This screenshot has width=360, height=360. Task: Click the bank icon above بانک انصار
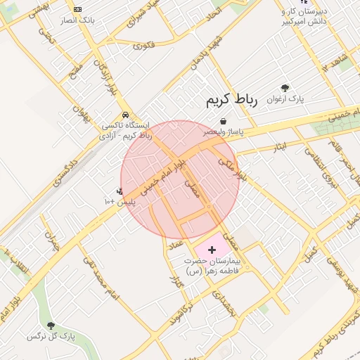coord(77,9)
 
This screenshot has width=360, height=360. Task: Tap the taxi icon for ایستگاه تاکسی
coord(125,115)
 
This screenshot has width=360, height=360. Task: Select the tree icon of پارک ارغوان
coord(285,89)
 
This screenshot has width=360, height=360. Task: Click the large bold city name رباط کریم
coord(232,101)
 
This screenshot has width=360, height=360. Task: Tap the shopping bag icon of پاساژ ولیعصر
coord(223,121)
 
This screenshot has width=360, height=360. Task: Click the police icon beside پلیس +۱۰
coord(120,191)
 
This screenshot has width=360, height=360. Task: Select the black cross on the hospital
coord(212,250)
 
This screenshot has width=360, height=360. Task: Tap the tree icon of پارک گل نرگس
coord(51,325)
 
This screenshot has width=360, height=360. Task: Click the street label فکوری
coord(143,46)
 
